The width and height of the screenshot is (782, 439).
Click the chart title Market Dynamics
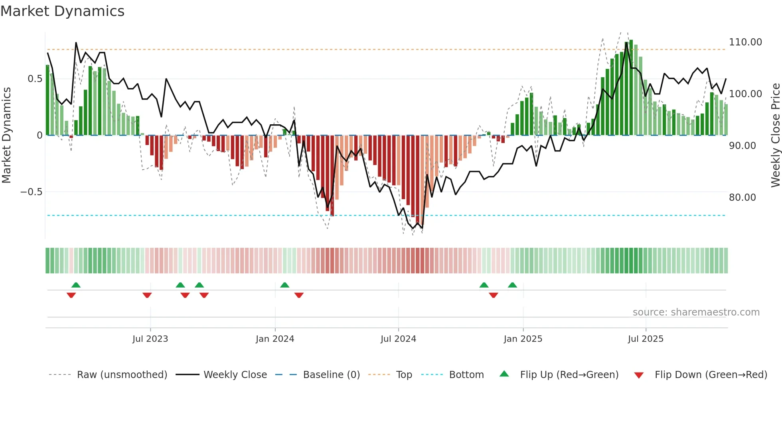pyautogui.click(x=62, y=11)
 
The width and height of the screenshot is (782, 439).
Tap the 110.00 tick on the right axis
pyautogui.click(x=745, y=42)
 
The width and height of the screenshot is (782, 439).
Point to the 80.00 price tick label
pyautogui.click(x=742, y=198)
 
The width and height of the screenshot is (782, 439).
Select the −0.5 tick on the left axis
pyautogui.click(x=31, y=192)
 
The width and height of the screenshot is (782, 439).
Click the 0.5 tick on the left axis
pyautogui.click(x=35, y=79)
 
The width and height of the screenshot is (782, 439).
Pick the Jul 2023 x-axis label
pyautogui.click(x=150, y=339)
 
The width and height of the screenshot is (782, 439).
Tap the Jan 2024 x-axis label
pyautogui.click(x=274, y=339)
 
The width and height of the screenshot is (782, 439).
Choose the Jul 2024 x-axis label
pyautogui.click(x=398, y=339)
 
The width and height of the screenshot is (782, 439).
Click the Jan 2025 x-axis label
pyautogui.click(x=523, y=339)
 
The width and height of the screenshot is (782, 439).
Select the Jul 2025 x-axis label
pyautogui.click(x=646, y=339)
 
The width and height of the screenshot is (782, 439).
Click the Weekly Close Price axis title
pyautogui.click(x=775, y=135)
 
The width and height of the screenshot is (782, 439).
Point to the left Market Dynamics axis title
pyautogui.click(x=6, y=135)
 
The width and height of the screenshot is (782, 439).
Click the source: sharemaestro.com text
pyautogui.click(x=696, y=312)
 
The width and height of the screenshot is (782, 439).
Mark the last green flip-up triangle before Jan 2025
pyautogui.click(x=512, y=285)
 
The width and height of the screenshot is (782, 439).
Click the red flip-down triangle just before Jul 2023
pyautogui.click(x=147, y=295)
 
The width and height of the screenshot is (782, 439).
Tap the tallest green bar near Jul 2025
pyautogui.click(x=631, y=88)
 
